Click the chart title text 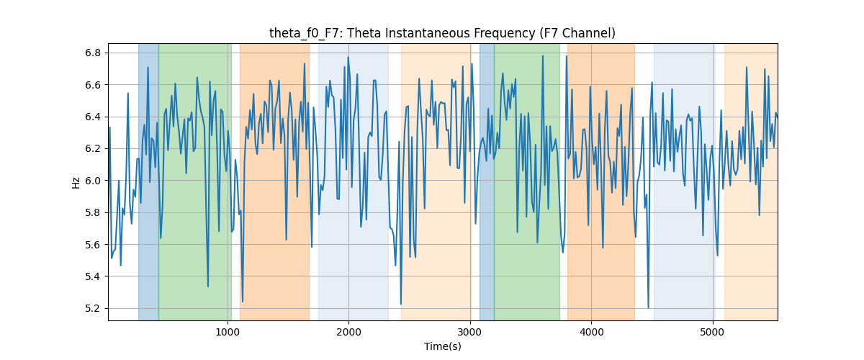(x=442, y=33)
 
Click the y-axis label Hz (x=76, y=183)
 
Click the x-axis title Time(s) (x=442, y=346)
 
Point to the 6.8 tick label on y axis (x=93, y=53)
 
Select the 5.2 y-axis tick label (x=93, y=308)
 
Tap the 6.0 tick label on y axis (x=93, y=181)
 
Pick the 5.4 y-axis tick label (x=93, y=276)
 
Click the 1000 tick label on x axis (x=228, y=332)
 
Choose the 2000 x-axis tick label (x=348, y=332)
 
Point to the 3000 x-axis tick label (x=470, y=332)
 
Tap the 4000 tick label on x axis (x=591, y=332)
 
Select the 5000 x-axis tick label (x=712, y=332)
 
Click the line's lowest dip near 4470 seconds (x=648, y=308)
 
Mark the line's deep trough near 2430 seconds (x=401, y=304)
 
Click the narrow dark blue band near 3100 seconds (x=487, y=181)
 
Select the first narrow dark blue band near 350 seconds (x=148, y=181)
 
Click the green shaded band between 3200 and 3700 (x=527, y=181)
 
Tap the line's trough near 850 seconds (x=208, y=287)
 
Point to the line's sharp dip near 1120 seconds (x=242, y=302)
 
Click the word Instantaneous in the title (x=428, y=33)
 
